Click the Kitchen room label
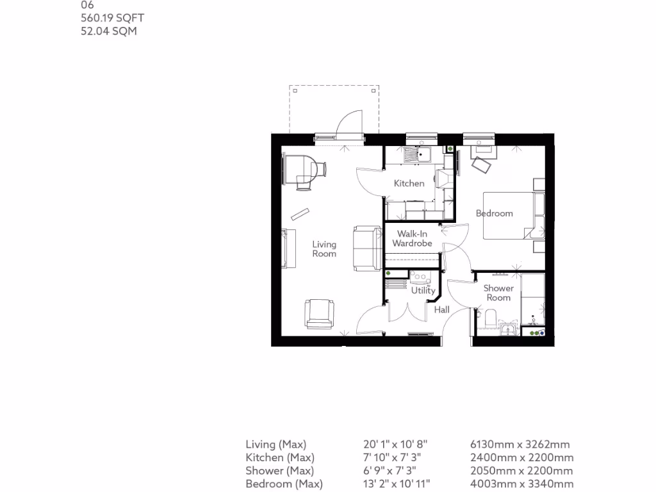tap(409, 183)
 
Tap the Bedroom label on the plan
tap(494, 213)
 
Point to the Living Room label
tap(324, 249)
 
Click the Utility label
tap(423, 290)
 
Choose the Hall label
tap(442, 310)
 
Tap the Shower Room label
tap(498, 293)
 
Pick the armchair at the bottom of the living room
tap(319, 313)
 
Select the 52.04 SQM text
tap(109, 31)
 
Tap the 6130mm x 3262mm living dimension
tap(520, 444)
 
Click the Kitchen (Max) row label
tap(280, 457)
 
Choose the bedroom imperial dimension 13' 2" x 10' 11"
tap(397, 484)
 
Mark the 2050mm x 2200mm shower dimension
tap(521, 471)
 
